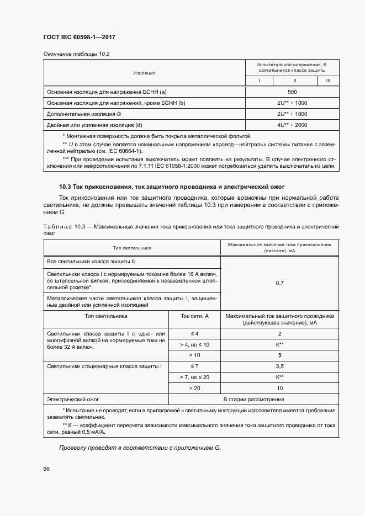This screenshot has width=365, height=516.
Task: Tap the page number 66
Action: [x=46, y=469]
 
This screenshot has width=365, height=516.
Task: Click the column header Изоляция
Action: [x=144, y=73]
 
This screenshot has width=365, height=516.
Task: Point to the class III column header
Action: [x=328, y=81]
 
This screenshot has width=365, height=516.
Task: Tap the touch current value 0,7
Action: [x=279, y=283]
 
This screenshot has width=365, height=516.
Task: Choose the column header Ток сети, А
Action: [x=194, y=316]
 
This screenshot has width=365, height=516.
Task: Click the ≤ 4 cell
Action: [x=194, y=334]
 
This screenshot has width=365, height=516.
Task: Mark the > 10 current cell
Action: [x=194, y=355]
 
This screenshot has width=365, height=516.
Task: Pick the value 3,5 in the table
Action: [x=279, y=366]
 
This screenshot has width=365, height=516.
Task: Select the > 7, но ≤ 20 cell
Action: [x=194, y=377]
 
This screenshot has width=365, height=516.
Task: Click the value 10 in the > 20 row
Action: [x=279, y=388]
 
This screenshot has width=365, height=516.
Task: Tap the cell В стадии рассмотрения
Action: [x=253, y=399]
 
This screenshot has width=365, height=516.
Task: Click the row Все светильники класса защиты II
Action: [x=91, y=261]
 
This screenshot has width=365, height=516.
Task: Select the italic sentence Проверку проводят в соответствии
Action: [x=140, y=448]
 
